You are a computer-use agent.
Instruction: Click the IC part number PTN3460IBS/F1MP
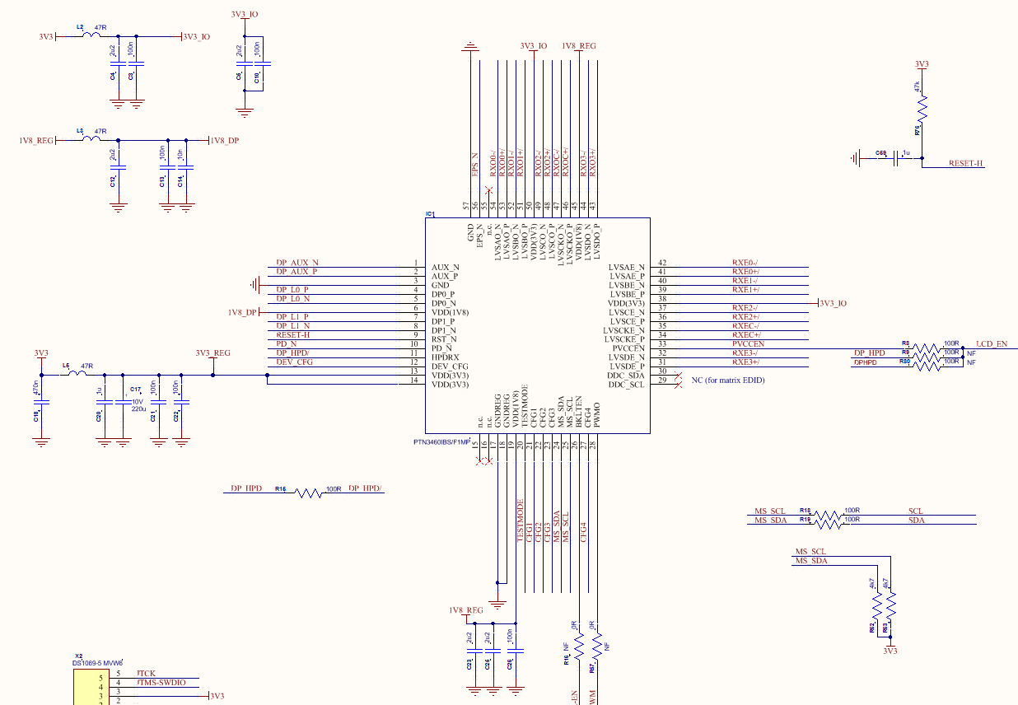point(441,442)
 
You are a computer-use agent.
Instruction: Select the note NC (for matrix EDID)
point(734,380)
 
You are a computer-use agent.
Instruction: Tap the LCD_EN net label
point(991,343)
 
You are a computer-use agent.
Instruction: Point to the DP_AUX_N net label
point(297,262)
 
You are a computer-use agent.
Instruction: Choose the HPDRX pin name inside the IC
point(445,357)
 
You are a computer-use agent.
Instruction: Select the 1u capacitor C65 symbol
point(894,158)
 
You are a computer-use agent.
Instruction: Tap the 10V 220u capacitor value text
point(138,405)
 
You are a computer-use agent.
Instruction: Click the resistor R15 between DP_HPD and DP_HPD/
point(308,493)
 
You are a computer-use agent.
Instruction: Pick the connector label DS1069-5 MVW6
point(97,663)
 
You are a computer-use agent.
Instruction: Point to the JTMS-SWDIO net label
point(161,683)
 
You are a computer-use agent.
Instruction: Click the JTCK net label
point(147,673)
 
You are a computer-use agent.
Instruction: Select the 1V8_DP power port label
point(224,141)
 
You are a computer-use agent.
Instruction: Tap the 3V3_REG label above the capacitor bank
point(212,353)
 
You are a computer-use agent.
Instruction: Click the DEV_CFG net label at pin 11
point(295,362)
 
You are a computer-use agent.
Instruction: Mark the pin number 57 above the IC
point(466,205)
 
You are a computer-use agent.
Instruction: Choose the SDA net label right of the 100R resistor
point(916,520)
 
